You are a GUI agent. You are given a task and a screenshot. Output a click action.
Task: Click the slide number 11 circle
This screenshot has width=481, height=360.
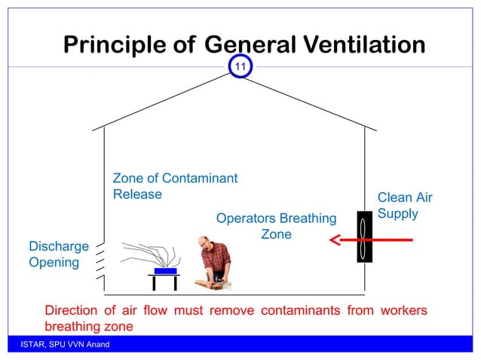pos(240,68)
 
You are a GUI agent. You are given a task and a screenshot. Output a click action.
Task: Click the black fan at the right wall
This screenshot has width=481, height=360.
pos(364,238)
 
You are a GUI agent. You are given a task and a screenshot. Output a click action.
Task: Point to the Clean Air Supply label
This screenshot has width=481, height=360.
pos(405,206)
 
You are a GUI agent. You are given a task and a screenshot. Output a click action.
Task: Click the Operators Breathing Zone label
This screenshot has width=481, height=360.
pos(276,227)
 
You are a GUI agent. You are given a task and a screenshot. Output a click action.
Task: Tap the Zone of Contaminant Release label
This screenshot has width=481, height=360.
pos(175,186)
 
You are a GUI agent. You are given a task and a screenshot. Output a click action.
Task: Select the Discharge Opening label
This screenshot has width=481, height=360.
pos(58,255)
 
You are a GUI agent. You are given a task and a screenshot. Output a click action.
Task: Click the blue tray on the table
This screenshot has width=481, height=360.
pos(164,270)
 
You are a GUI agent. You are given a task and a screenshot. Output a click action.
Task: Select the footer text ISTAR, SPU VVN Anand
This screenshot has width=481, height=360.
pos(66,345)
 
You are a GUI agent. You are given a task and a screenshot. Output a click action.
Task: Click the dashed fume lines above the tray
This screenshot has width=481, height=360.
pos(147,254)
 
